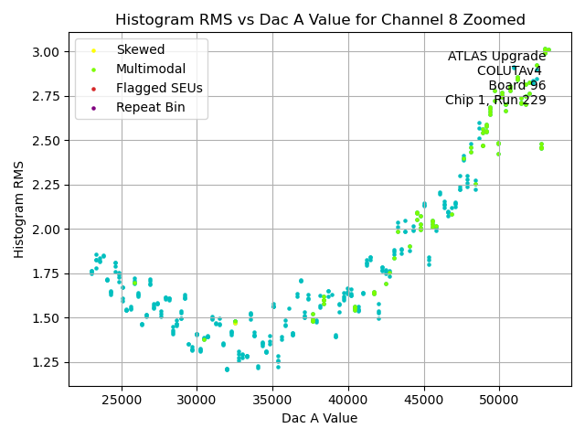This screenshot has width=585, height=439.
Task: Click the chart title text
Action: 320,20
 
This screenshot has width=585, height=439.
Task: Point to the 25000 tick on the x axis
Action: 122,400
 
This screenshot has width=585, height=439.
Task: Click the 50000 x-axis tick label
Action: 499,400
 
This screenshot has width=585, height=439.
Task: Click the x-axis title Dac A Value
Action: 320,418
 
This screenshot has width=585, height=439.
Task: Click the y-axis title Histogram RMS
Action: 19,209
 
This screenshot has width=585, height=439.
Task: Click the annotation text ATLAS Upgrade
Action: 496,57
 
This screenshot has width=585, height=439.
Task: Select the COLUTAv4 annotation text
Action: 511,71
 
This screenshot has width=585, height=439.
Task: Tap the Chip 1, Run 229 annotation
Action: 495,101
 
